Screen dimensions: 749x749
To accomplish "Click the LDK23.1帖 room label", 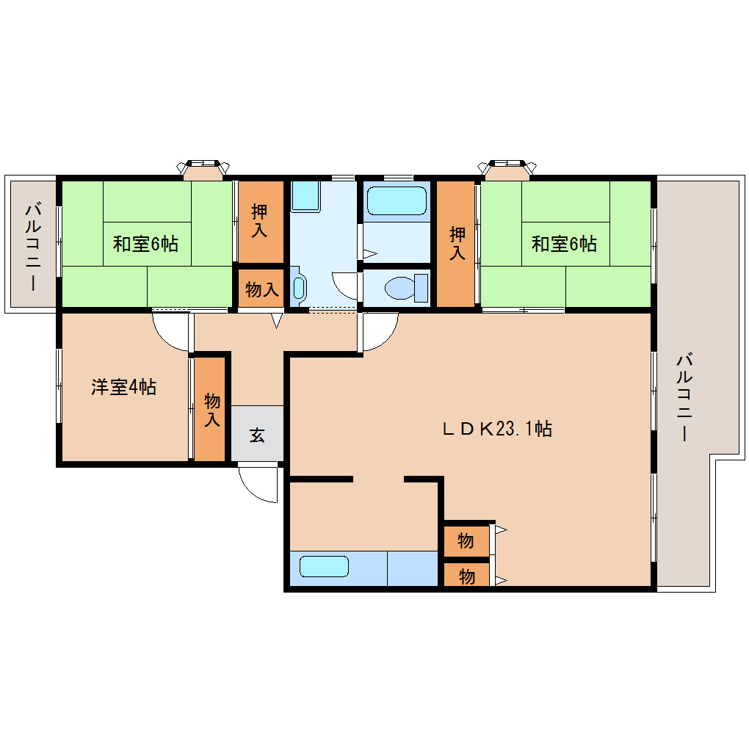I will point(497,429).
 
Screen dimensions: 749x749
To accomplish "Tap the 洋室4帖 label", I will point(123,387).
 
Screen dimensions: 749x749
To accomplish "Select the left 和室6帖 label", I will point(145,243).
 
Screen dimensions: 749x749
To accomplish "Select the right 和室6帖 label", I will point(564,243).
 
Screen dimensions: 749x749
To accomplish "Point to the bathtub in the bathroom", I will point(396,200).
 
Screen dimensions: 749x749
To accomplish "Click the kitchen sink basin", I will point(323,567).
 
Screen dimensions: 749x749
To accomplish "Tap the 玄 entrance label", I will point(256,435).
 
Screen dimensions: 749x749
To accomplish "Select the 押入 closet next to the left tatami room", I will point(259,221).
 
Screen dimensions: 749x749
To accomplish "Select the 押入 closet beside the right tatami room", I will point(457,243).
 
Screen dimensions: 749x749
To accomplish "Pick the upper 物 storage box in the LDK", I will point(466,542).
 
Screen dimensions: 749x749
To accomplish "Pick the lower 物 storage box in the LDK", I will point(466,576).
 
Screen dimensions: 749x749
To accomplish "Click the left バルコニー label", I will point(32,246).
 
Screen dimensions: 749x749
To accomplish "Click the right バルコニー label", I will point(684,397).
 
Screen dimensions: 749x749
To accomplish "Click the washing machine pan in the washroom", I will point(305,196).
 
